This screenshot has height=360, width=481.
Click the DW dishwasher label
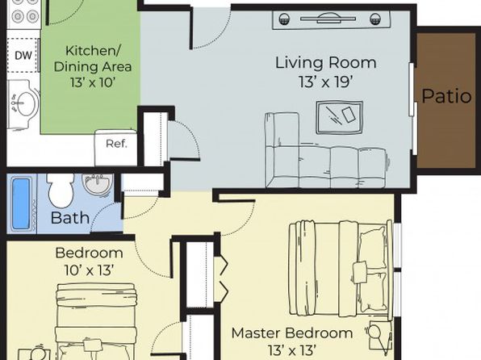click(x=23, y=56)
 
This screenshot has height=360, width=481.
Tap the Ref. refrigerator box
click(x=116, y=148)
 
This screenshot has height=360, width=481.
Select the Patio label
click(x=446, y=96)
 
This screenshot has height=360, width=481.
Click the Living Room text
click(x=326, y=63)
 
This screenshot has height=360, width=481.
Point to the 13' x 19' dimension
click(x=325, y=82)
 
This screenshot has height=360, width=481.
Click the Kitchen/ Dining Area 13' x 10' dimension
click(x=92, y=82)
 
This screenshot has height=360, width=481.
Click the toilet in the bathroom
click(x=61, y=190)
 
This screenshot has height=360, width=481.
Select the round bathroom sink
click(x=97, y=184)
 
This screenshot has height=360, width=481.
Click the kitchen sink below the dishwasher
click(x=23, y=104)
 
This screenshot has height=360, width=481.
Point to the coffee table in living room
click(x=340, y=118)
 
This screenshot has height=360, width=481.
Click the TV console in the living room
click(x=332, y=20)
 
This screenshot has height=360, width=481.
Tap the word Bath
click(x=70, y=218)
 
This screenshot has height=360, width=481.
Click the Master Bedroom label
click(x=292, y=333)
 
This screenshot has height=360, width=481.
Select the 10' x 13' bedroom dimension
click(x=90, y=270)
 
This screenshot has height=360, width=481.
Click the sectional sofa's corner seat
click(x=282, y=167)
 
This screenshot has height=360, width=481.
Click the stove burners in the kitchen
click(x=24, y=13)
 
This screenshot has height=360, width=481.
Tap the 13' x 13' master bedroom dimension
click(x=292, y=350)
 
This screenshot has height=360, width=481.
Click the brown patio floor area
click(x=446, y=100)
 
